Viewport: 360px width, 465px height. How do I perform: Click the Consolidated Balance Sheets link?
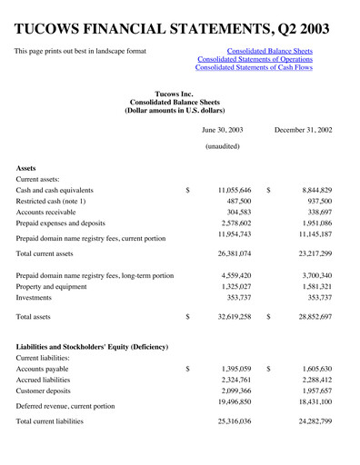(x=269, y=52)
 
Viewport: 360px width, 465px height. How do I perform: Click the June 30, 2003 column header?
(x=227, y=130)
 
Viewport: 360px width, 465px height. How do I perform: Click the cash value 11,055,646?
(x=228, y=191)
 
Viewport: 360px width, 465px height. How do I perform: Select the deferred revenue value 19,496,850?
(x=228, y=401)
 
